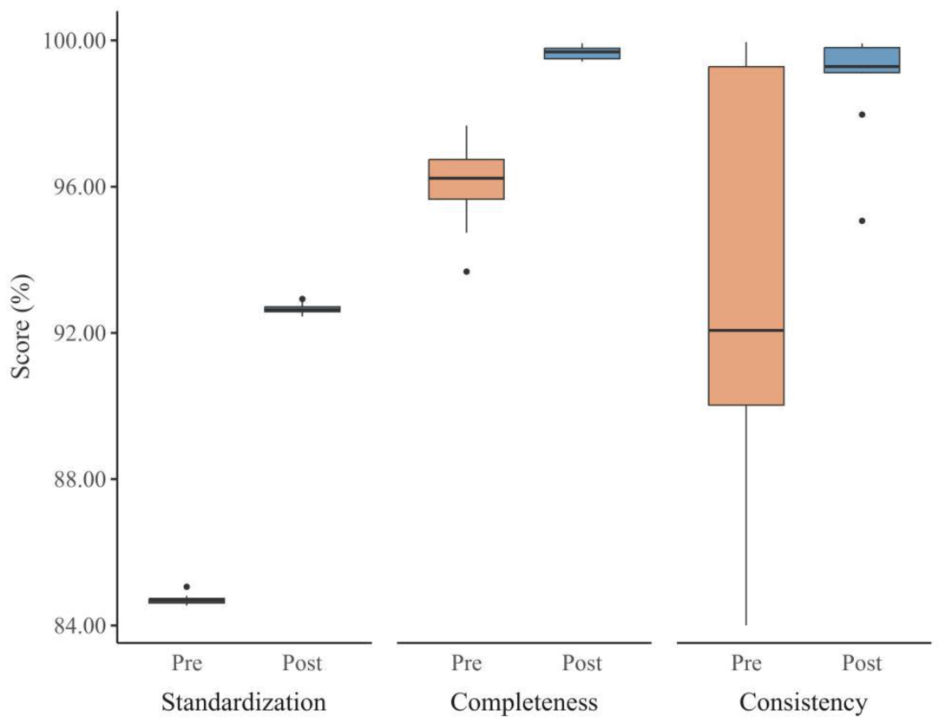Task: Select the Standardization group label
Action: [x=244, y=701]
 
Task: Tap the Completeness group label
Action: [x=524, y=701]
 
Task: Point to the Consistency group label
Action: [x=803, y=701]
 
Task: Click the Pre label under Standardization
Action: [x=187, y=664]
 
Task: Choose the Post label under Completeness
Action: [x=581, y=664]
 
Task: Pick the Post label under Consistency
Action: [x=862, y=664]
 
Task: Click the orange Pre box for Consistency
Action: [x=746, y=217]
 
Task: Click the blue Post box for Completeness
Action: [x=581, y=53]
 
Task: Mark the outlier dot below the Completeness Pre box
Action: [x=466, y=272]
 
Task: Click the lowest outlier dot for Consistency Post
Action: [x=862, y=220]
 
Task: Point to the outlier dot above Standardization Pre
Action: [x=187, y=587]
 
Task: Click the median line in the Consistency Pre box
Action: [x=746, y=330]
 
